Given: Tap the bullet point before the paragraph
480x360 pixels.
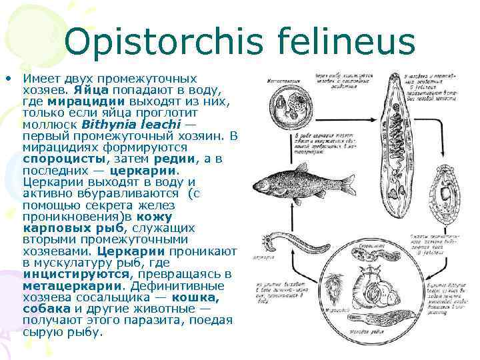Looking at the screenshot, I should pyautogui.click(x=9, y=77).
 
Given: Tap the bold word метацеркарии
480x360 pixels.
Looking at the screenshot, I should pyautogui.click(x=64, y=285).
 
